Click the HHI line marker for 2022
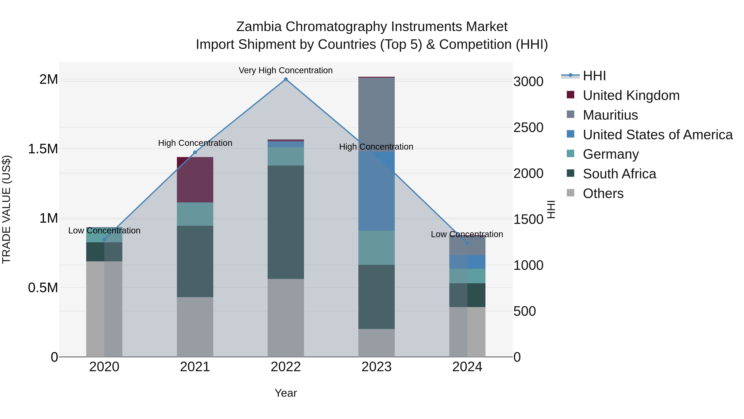(286, 79)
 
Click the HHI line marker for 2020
(104, 239)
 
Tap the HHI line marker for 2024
(467, 243)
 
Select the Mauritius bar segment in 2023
(376, 114)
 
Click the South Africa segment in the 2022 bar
(286, 222)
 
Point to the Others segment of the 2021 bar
(195, 327)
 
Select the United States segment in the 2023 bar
(376, 191)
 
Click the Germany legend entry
(610, 154)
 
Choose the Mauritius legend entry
(610, 115)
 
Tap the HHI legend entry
(594, 76)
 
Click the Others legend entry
(603, 193)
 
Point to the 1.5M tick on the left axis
(43, 149)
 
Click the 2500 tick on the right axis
(528, 127)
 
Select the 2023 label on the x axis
(376, 367)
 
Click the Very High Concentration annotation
(285, 70)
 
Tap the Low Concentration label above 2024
(467, 234)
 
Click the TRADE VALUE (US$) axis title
(6, 209)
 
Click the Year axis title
(286, 393)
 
